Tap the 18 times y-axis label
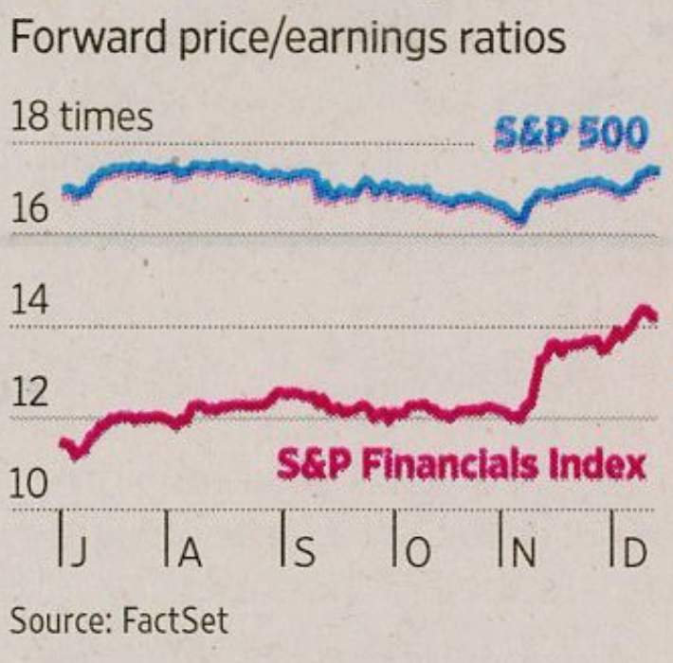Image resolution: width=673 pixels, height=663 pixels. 82,118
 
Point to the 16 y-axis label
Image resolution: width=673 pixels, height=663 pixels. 30,207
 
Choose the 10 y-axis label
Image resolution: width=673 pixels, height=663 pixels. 30,484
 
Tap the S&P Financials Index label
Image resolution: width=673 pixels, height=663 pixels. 462,465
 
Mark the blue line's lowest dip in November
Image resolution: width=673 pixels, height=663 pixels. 518,221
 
